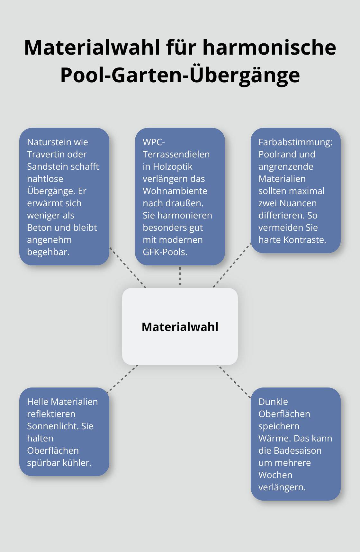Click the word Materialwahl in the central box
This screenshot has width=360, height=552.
tap(180, 327)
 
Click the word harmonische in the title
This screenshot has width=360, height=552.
tap(269, 47)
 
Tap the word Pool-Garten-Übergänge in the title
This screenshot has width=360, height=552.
tap(180, 75)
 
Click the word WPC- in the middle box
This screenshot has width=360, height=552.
tap(154, 142)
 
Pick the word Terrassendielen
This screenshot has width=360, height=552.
tap(176, 154)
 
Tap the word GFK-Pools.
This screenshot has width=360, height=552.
tap(165, 252)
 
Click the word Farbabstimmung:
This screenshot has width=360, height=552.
tap(295, 142)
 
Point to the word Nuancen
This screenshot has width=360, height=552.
tap(298, 203)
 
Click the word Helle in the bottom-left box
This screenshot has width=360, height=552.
tap(38, 402)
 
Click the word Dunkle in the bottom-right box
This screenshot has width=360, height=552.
tap(273, 402)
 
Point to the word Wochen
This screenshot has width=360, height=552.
tap(275, 475)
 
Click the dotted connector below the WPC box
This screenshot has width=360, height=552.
tap(180, 276)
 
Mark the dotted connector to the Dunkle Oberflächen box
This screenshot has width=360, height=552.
tap(235, 382)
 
